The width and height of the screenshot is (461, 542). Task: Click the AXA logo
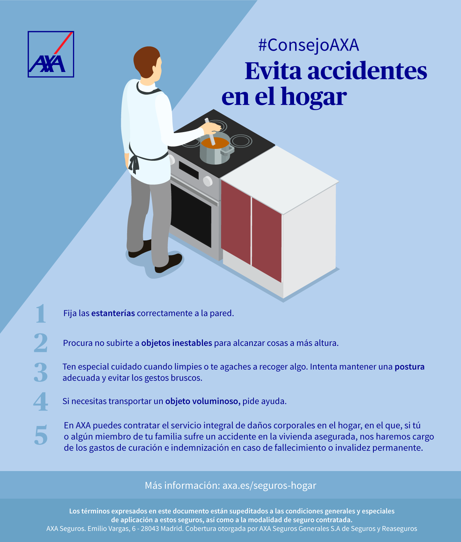(x=51, y=55)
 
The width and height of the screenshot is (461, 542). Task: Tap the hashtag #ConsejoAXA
(x=308, y=45)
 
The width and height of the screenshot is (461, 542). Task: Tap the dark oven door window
(x=191, y=215)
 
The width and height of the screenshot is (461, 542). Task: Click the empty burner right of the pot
(x=241, y=141)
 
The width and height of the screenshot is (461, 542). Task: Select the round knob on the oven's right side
(x=207, y=181)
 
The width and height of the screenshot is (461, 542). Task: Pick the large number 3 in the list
(x=41, y=372)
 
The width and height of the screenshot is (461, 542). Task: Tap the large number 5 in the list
(x=41, y=435)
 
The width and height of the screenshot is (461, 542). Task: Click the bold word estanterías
(x=113, y=313)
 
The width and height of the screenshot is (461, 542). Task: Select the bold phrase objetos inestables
(x=176, y=343)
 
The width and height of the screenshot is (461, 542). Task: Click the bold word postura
(x=409, y=367)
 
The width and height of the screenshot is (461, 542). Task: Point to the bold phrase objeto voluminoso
(x=203, y=401)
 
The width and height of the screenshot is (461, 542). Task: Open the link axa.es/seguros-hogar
(x=269, y=485)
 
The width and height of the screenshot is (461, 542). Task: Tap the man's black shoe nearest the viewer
(x=169, y=263)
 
